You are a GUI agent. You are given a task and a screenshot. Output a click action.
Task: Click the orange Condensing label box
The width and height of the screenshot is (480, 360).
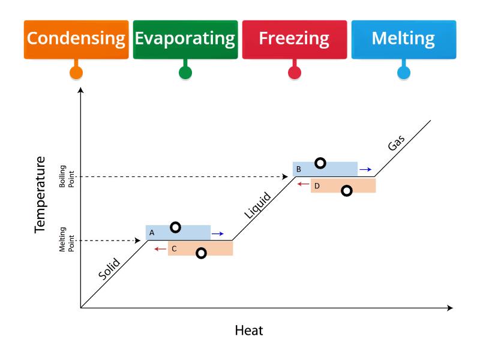click(76, 40)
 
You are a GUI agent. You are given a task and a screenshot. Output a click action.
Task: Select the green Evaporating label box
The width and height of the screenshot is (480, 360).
click(185, 40)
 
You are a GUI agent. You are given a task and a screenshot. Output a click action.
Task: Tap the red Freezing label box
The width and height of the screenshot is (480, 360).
click(295, 40)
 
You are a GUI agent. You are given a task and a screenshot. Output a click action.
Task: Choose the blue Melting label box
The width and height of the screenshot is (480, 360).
click(404, 40)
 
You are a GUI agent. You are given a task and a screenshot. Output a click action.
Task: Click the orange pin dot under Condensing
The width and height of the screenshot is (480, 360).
click(76, 73)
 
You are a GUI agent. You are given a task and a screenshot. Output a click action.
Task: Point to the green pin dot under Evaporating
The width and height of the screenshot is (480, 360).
click(185, 73)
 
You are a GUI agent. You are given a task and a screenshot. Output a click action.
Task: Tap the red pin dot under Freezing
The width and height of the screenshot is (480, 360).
click(295, 73)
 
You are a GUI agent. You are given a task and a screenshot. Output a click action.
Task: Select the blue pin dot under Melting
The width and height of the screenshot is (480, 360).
click(404, 73)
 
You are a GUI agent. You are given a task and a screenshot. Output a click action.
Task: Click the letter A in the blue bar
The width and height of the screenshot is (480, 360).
click(152, 233)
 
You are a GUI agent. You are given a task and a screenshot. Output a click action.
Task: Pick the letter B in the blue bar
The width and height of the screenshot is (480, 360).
click(298, 169)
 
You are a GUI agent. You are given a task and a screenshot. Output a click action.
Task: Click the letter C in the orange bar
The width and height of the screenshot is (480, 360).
click(174, 249)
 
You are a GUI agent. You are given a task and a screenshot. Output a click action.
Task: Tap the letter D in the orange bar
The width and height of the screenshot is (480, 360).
click(317, 186)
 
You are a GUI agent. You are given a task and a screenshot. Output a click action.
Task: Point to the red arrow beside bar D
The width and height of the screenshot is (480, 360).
click(304, 184)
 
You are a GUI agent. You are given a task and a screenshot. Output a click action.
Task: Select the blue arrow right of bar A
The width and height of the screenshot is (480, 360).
click(218, 234)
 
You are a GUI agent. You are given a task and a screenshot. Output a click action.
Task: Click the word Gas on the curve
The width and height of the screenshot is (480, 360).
click(396, 143)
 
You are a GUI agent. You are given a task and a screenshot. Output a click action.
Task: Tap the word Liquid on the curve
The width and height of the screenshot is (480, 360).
click(258, 205)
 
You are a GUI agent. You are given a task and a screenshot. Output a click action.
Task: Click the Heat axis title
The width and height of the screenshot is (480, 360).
click(249, 331)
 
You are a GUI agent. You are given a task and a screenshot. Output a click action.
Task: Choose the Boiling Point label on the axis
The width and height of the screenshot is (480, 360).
click(67, 176)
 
